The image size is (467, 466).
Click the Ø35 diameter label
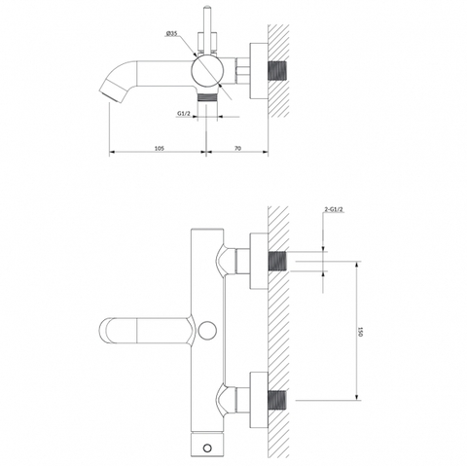coord(171,34)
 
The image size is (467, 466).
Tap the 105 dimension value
coord(160,148)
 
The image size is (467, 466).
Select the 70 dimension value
coord(237,148)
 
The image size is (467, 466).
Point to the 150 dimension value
coord(359,332)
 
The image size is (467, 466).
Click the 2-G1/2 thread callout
coord(334,209)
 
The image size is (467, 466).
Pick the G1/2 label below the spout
coord(184,113)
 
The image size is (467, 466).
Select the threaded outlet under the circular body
coord(207,97)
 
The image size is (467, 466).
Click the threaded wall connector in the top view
coord(277,71)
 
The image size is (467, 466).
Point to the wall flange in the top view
coord(259,71)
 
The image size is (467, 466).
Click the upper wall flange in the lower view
coord(259,261)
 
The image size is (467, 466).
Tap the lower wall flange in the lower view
coord(259,400)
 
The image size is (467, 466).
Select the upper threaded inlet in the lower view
coord(277,261)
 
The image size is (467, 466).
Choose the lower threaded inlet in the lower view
coord(277,400)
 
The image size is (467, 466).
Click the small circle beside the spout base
coord(207,331)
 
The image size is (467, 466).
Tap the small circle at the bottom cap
coord(207,448)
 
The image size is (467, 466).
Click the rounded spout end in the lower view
coord(105,331)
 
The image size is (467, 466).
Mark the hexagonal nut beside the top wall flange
coord(242,71)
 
